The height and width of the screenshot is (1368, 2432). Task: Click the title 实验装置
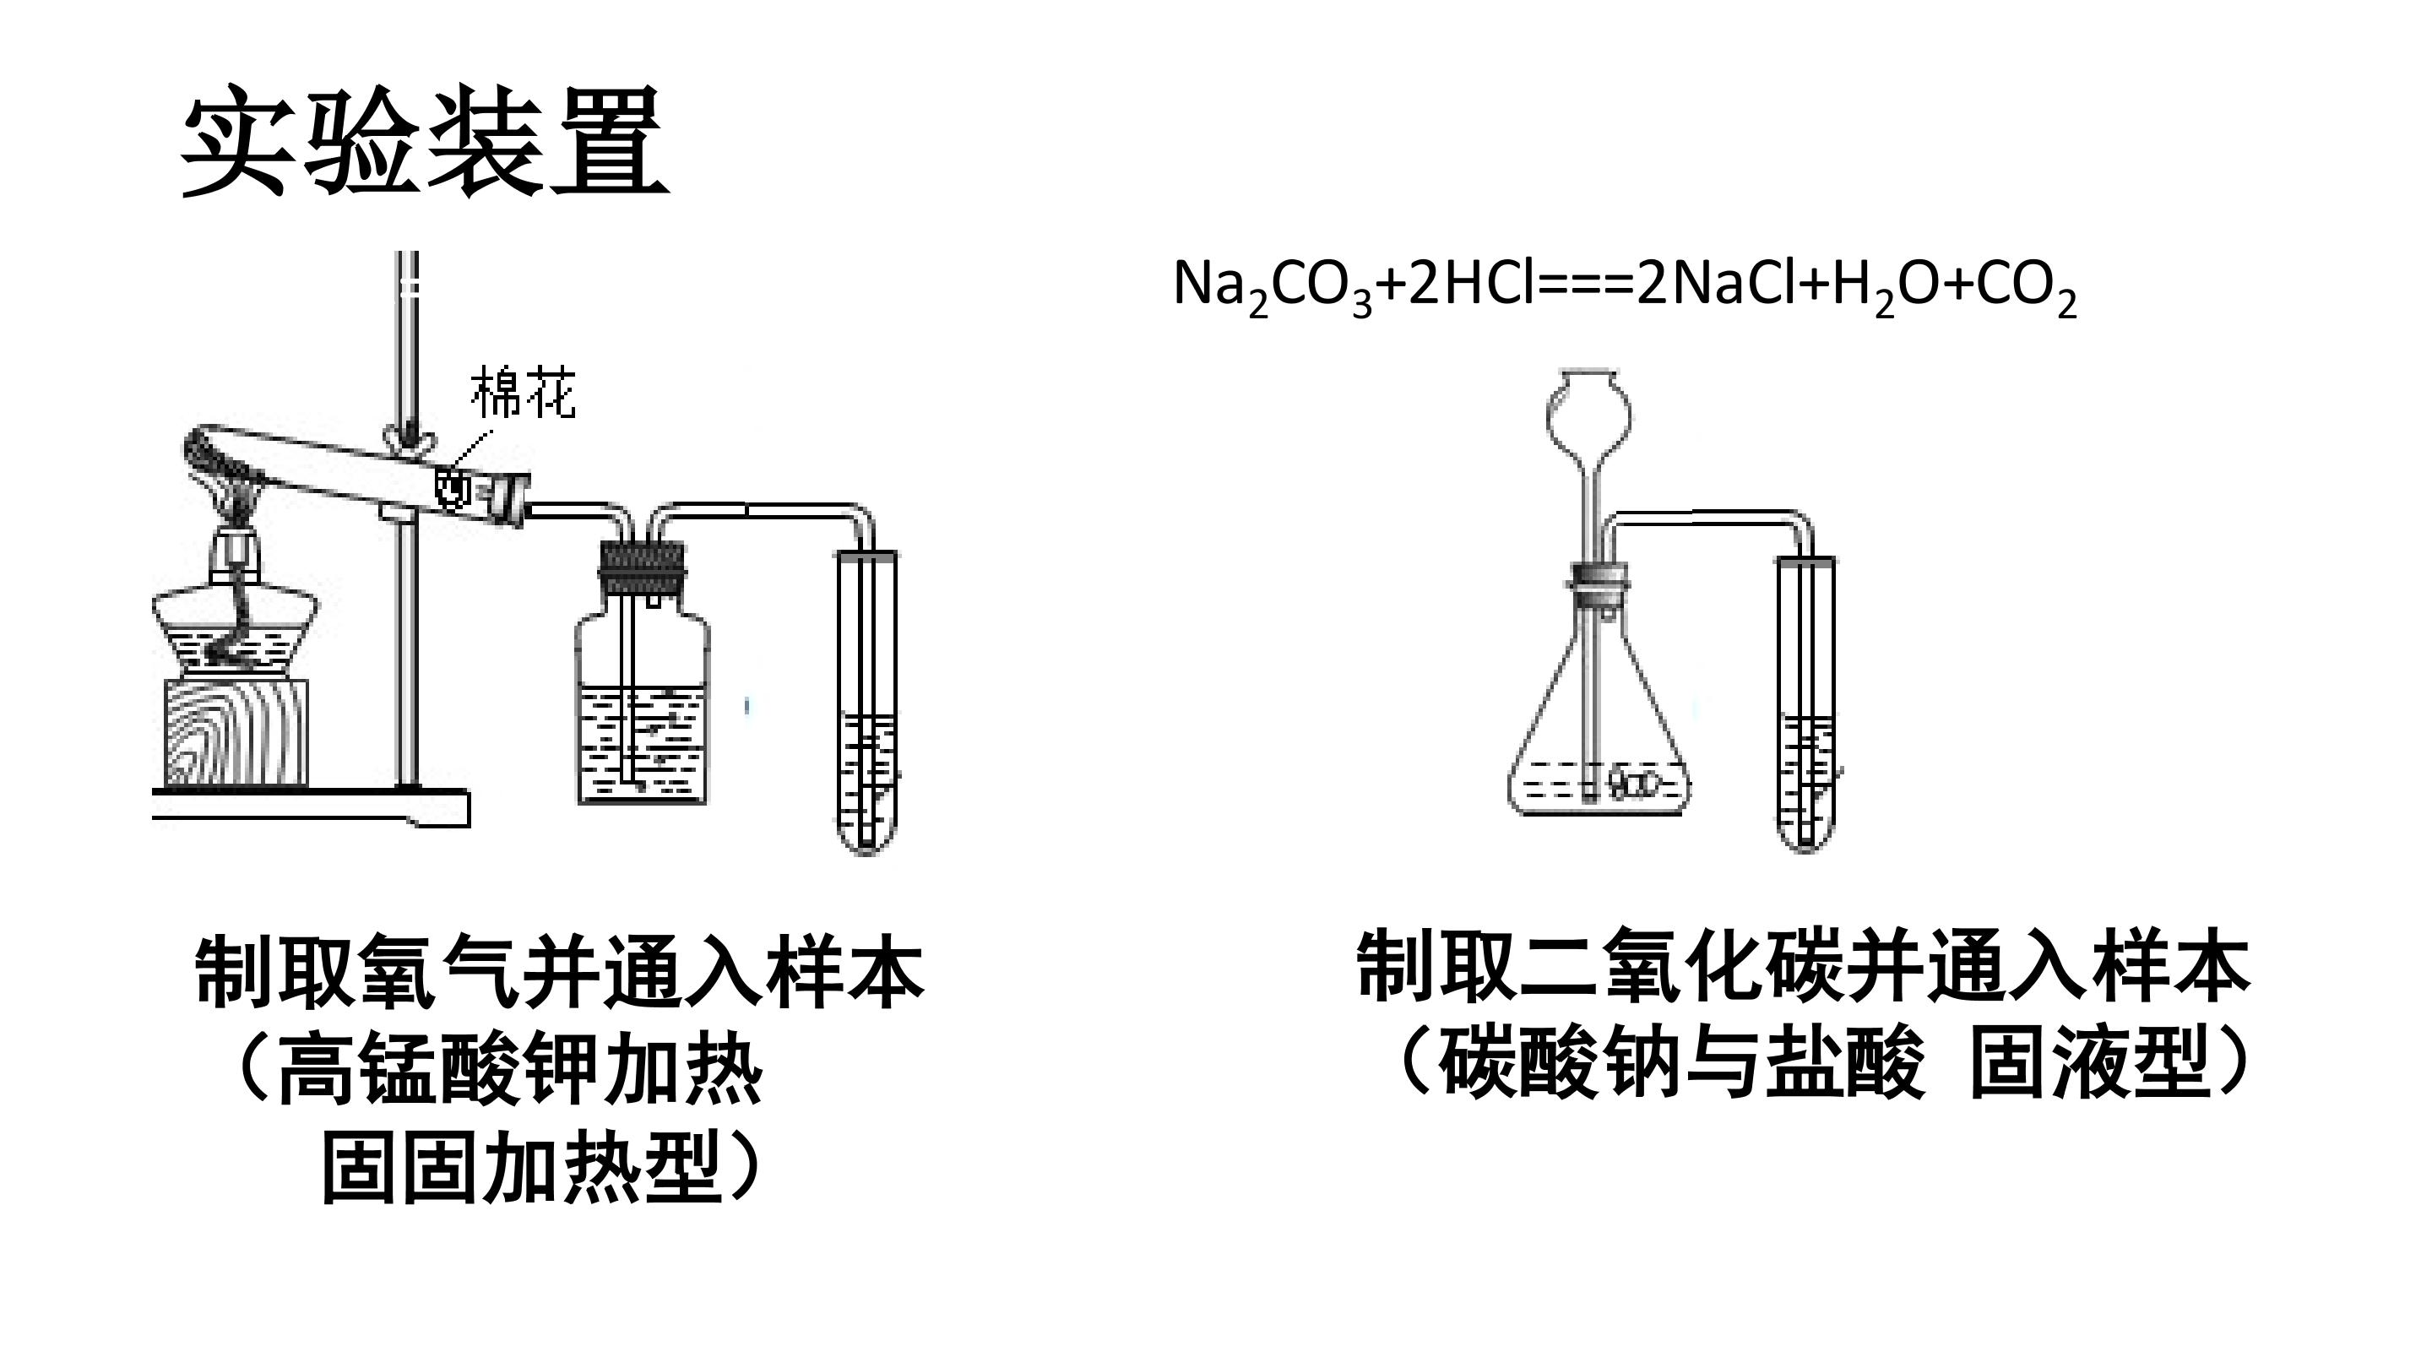[424, 142]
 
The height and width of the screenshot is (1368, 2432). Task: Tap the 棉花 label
[523, 393]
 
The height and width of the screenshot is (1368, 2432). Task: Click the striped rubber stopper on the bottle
[642, 567]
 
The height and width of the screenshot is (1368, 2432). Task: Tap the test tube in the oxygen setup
[867, 703]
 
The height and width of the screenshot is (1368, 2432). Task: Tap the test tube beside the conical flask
[1806, 704]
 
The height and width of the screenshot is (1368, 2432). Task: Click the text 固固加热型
[522, 1169]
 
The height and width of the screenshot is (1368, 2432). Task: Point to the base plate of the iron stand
[312, 807]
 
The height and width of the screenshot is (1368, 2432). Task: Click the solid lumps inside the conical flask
[1634, 782]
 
